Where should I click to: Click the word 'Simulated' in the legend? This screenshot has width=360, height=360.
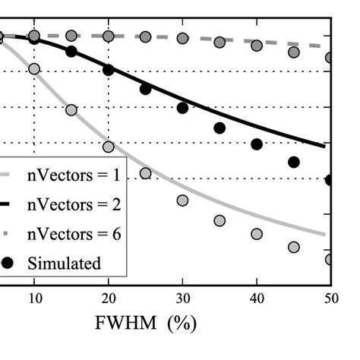[64, 263]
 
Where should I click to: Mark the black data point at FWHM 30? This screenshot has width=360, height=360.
[182, 108]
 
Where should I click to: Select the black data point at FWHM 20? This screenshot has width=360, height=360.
[109, 70]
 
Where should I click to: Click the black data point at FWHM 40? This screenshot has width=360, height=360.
[257, 144]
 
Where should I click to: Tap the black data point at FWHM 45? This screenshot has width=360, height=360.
[294, 162]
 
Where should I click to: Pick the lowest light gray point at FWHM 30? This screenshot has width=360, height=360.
[182, 201]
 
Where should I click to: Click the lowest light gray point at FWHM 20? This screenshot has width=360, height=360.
[109, 147]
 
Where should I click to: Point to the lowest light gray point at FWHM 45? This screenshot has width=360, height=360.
[294, 247]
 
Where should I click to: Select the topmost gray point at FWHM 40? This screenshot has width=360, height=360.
[257, 46]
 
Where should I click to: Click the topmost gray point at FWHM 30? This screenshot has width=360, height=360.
[182, 38]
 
